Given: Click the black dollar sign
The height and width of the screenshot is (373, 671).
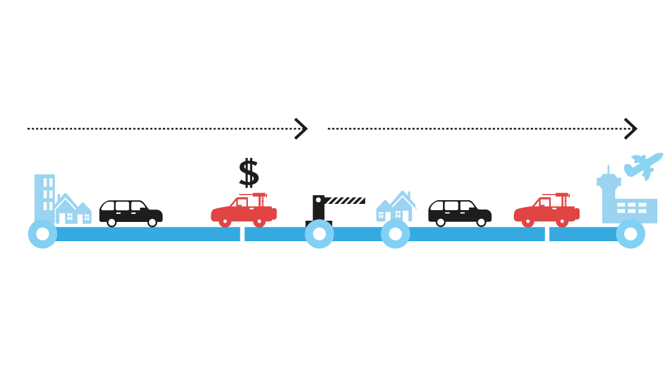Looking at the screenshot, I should pos(249,173).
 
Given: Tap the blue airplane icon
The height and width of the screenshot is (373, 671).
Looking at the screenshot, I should pos(644,165).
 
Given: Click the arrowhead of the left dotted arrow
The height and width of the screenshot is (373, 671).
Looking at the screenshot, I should pos(301,129).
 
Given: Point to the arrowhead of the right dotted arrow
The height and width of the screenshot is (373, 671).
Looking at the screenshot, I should pos(631,129).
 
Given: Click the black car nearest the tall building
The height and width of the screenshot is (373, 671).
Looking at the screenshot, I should pos(130,212).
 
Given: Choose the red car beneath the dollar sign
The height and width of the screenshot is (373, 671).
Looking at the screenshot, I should pos(244,210).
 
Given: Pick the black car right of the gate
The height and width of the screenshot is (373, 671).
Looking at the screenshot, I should pos(460,212).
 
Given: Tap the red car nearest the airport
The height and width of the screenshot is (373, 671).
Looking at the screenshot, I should pos(546,210).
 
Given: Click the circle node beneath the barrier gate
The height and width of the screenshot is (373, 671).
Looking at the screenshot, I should pos(319,234).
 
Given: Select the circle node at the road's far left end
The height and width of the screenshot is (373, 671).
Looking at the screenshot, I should pos(42,234).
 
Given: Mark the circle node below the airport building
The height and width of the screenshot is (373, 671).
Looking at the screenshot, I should pos(631,234).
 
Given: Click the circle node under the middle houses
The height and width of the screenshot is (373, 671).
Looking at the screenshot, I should pos(395,234).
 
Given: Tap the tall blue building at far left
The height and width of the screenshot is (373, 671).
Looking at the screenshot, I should pos(44,196).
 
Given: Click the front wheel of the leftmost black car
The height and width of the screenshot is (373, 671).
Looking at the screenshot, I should pos(152,222).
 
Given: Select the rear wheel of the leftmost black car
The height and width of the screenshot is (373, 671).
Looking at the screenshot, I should pos(112,222).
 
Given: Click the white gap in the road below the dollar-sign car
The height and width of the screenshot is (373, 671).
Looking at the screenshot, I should pos(242,234).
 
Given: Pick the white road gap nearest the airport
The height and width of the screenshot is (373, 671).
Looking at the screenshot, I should pos(547,234).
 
